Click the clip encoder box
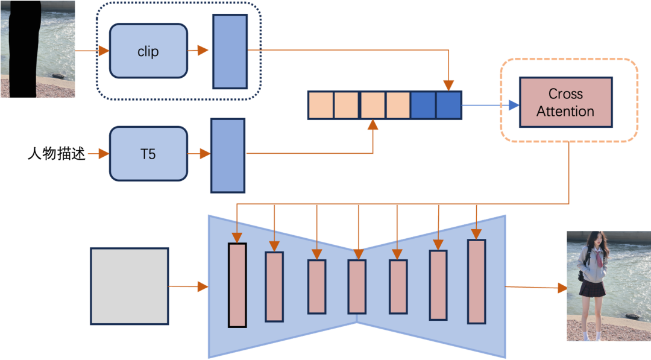[x=148, y=51]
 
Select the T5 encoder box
[x=148, y=154]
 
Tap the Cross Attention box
[x=565, y=103]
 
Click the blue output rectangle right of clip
[x=230, y=51]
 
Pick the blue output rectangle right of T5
[x=228, y=155]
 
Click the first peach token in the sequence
[x=320, y=105]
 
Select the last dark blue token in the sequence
[x=448, y=105]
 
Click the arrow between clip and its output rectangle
[x=199, y=51]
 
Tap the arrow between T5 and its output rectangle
[x=198, y=154]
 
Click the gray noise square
[x=129, y=286]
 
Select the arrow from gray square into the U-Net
[x=188, y=287]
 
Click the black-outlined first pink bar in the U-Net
[x=237, y=285]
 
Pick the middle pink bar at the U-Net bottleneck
[x=357, y=286]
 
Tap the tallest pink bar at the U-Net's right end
[x=476, y=282]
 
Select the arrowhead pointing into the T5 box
[x=104, y=154]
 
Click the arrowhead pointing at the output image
[x=562, y=288]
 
